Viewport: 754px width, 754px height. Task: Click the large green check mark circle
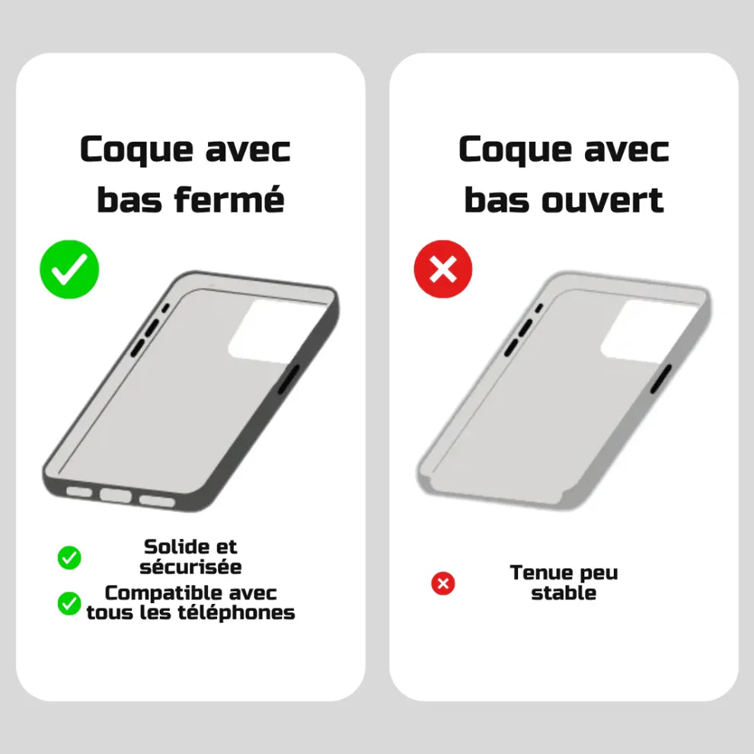[69, 269]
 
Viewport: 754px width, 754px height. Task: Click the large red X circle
[442, 269]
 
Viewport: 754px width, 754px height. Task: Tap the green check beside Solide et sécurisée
[69, 558]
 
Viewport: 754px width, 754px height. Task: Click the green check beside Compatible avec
[69, 603]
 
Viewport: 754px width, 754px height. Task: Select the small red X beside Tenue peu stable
[442, 584]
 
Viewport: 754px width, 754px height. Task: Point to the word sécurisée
[190, 567]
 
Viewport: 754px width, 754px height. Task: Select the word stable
[564, 593]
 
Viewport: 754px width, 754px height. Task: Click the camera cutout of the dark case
[265, 330]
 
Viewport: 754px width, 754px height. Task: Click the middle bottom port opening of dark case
[115, 496]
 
